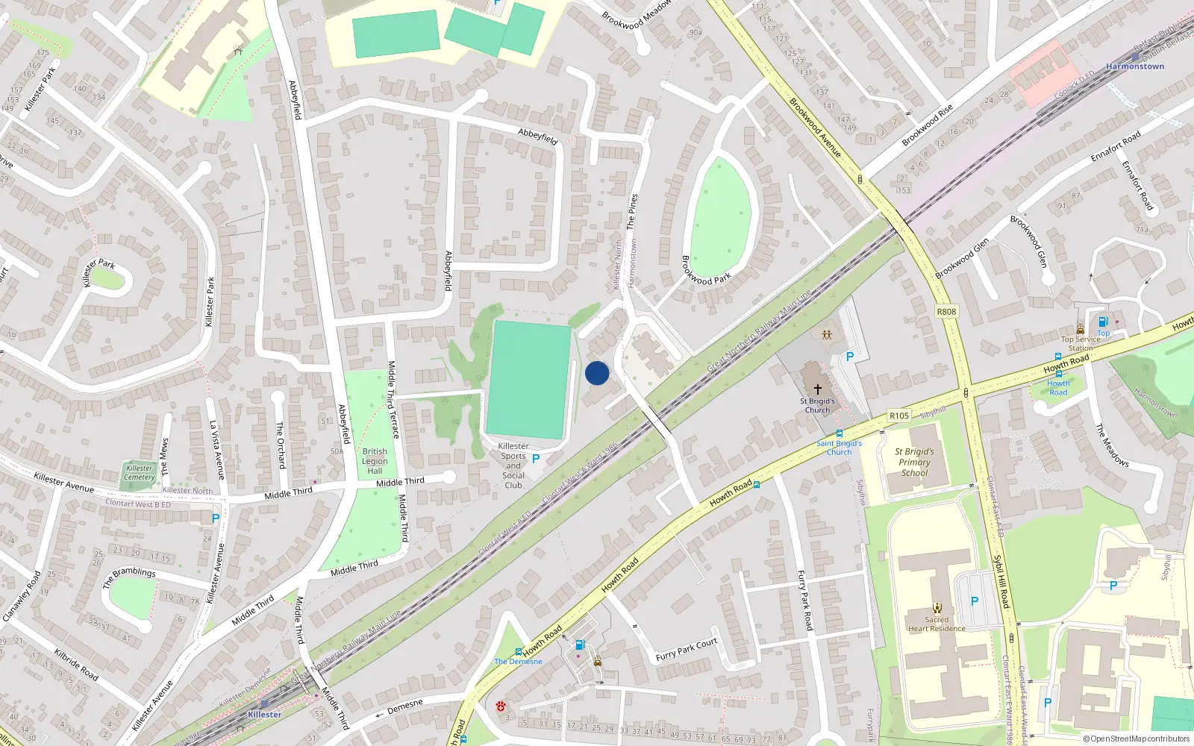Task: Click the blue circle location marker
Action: pos(597,373)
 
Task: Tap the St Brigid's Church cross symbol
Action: pos(818,389)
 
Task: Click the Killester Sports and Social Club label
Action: pos(513,466)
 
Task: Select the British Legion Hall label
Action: pos(375,461)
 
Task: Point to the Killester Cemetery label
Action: pos(140,473)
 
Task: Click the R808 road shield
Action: pos(946,312)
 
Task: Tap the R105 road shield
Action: pos(899,416)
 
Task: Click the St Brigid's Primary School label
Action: pos(914,462)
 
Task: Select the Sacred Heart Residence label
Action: pos(937,624)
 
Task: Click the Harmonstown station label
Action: pos(1135,66)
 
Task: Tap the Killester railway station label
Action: pos(265,715)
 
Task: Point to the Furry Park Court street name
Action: pos(687,650)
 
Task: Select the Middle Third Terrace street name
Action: pos(393,399)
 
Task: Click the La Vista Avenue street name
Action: pos(217,451)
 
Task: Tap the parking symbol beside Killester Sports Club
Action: pos(536,459)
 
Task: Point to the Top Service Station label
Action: pos(1080,343)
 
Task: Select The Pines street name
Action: pos(633,211)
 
